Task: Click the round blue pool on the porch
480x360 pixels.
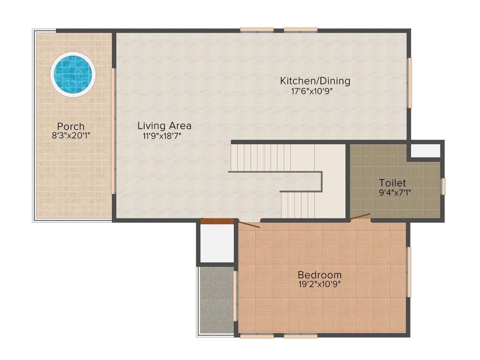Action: coord(73,74)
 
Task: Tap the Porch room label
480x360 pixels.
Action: coord(71,127)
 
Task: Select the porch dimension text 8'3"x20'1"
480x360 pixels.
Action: coord(71,136)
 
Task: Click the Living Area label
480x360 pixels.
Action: coord(164,126)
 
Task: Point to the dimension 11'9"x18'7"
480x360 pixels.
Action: coord(162,136)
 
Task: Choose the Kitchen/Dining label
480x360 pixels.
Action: coord(315,81)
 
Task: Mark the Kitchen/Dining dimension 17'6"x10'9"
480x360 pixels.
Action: coord(312,91)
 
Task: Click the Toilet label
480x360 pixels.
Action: coord(392,183)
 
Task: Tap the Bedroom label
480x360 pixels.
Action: coord(320,275)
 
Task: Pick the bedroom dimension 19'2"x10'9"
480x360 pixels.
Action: coord(319,284)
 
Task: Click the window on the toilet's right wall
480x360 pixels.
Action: coord(443,186)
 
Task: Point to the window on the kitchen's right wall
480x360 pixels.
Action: coord(409,82)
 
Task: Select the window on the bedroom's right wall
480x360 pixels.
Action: coord(409,272)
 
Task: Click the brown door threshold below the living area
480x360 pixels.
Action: coord(217,221)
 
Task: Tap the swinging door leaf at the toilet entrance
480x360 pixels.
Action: coord(360,216)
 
